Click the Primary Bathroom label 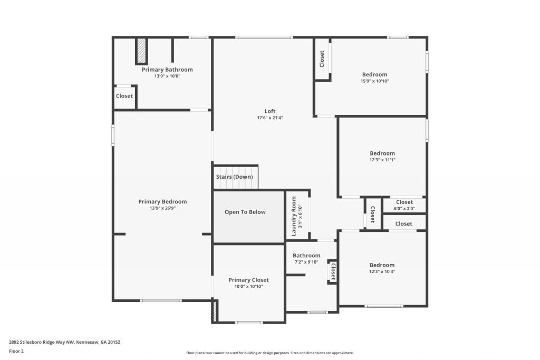pyautogui.click(x=167, y=70)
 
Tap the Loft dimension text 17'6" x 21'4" pyautogui.click(x=270, y=118)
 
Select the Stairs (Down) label pyautogui.click(x=234, y=177)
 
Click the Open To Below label pyautogui.click(x=245, y=212)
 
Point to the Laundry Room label pyautogui.click(x=294, y=216)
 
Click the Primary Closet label pyautogui.click(x=248, y=280)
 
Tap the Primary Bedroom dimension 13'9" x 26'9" pyautogui.click(x=162, y=208)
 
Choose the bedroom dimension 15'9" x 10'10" pyautogui.click(x=374, y=81)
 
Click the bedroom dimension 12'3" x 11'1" pyautogui.click(x=382, y=160)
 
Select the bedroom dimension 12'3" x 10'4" pyautogui.click(x=382, y=271)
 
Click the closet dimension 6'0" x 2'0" pyautogui.click(x=404, y=208)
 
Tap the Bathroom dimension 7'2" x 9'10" pyautogui.click(x=306, y=262)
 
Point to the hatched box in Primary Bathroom pyautogui.click(x=141, y=51)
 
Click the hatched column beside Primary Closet pyautogui.click(x=215, y=310)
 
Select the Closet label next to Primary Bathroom pyautogui.click(x=124, y=96)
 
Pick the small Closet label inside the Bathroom pyautogui.click(x=333, y=271)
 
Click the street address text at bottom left pyautogui.click(x=64, y=342)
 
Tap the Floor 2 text pyautogui.click(x=16, y=351)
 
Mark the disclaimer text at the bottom pyautogui.click(x=269, y=353)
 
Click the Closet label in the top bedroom pyautogui.click(x=322, y=59)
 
